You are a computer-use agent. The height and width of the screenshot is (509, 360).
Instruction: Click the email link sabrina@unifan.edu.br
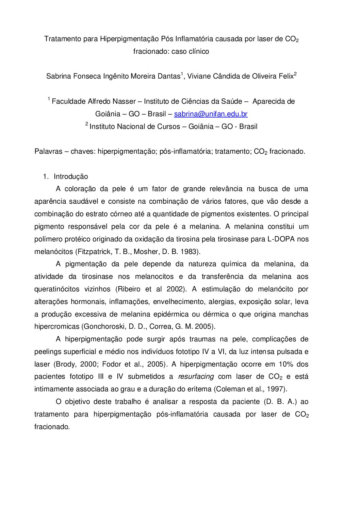pyautogui.click(x=211, y=114)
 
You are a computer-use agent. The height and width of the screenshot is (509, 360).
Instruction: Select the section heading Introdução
pyautogui.click(x=71, y=176)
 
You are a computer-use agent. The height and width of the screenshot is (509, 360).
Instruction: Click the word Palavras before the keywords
pyautogui.click(x=48, y=151)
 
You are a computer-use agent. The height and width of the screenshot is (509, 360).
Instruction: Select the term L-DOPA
pyautogui.click(x=279, y=239)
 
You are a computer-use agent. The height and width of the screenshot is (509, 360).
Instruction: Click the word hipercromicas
pyautogui.click(x=56, y=326)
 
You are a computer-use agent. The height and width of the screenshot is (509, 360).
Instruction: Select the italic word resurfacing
pyautogui.click(x=196, y=377)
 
